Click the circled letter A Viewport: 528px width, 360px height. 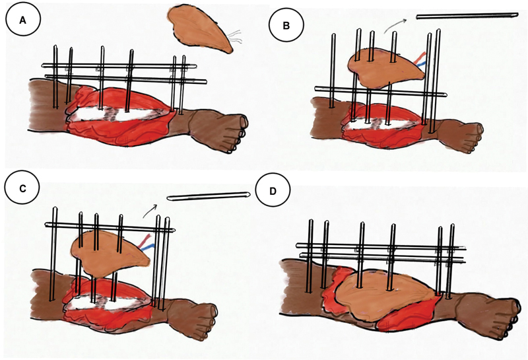tap(22, 20)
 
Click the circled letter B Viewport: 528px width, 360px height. tap(286, 25)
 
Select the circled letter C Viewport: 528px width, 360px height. tap(22, 189)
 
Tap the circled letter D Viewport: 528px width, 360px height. tap(273, 192)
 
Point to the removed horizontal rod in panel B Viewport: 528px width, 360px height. tap(467, 16)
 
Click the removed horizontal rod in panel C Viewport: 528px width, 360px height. tap(209, 197)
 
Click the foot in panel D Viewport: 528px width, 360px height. tap(488, 314)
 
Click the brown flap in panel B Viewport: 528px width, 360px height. tap(384, 67)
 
